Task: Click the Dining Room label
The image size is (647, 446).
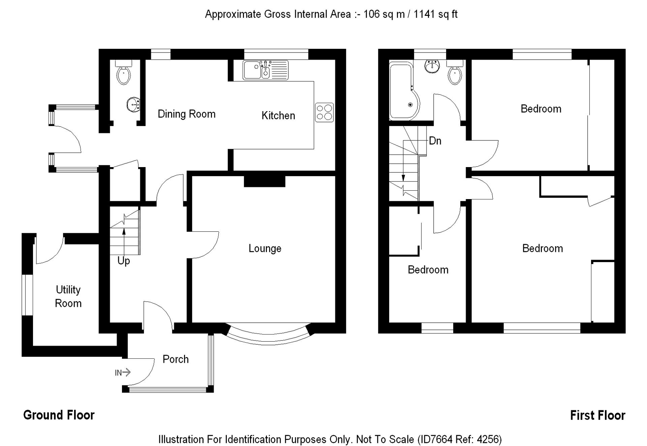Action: click(x=186, y=114)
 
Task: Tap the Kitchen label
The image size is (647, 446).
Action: click(x=278, y=116)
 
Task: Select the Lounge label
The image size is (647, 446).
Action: click(x=265, y=249)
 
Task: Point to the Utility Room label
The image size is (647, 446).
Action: click(x=68, y=296)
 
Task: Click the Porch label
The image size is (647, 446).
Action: click(x=176, y=359)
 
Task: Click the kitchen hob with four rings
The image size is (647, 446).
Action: click(x=324, y=113)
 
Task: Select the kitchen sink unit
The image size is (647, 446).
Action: click(x=266, y=70)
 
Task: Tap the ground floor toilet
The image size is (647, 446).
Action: click(x=123, y=72)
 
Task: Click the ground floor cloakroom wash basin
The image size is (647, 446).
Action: click(x=134, y=104)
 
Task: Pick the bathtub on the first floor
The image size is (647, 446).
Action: click(x=404, y=91)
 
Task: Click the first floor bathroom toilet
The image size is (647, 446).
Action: click(x=455, y=72)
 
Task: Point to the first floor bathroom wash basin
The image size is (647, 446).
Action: click(x=432, y=66)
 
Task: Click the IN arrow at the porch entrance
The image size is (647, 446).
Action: click(x=123, y=373)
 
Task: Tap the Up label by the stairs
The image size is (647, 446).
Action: click(x=124, y=261)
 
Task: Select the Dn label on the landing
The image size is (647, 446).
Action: click(x=435, y=141)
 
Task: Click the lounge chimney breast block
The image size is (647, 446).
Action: click(x=265, y=181)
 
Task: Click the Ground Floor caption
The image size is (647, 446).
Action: click(x=59, y=415)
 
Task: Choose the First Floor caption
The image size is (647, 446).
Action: click(x=597, y=415)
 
